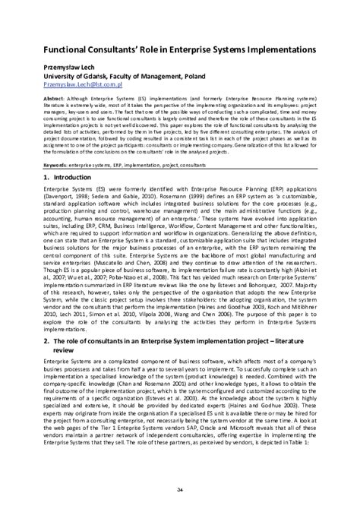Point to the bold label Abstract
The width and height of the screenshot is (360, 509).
coord(39,98)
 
